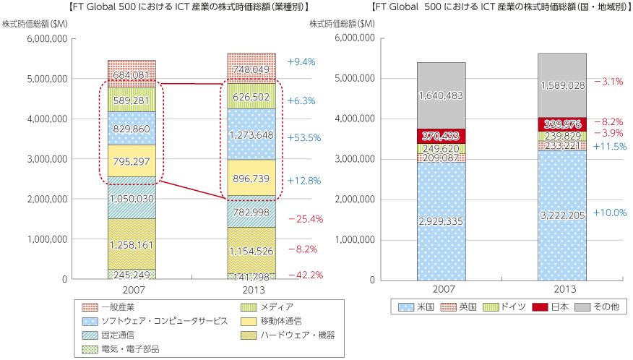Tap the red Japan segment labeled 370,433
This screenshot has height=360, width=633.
[x=440, y=136]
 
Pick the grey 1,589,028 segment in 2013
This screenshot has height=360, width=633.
[x=561, y=85]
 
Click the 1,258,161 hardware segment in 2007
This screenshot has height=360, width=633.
[x=132, y=246]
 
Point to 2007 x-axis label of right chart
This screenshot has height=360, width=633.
[x=440, y=289]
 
